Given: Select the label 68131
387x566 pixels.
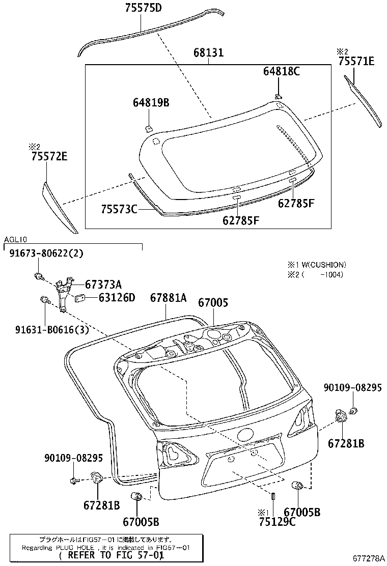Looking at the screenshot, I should click(209, 53).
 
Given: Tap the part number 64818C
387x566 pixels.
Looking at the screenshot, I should click(281, 71).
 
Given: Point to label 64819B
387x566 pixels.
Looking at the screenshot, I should click(151, 103).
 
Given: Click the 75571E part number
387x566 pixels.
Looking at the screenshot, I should click(356, 62).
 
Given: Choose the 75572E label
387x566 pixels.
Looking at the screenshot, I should click(47, 157).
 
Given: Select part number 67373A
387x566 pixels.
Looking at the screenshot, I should click(103, 285).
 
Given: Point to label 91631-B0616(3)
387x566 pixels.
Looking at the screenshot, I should click(49, 329).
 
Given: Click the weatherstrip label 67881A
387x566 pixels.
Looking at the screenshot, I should click(169, 298).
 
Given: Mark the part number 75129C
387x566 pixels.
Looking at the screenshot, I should click(277, 522).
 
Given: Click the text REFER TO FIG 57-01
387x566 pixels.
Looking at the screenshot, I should click(108, 555).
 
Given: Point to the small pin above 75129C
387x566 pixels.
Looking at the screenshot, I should click(273, 496).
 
